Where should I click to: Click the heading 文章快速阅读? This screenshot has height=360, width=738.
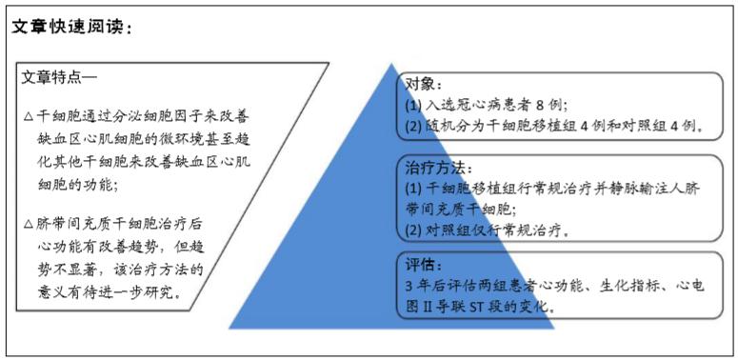pyautogui.click(x=69, y=28)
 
